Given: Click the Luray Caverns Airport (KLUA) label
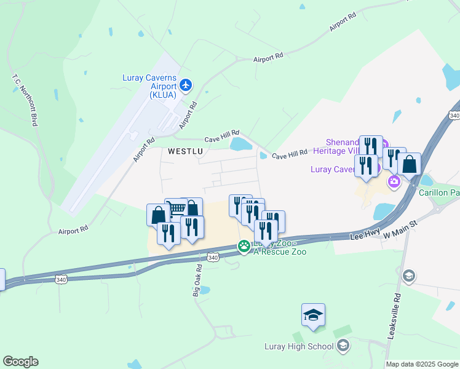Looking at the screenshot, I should [x=149, y=87].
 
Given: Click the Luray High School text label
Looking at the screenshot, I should [x=298, y=346].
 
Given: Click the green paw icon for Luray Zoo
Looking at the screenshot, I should [x=244, y=247].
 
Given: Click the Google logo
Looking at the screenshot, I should [x=20, y=362].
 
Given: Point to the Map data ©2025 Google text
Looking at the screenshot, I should [x=422, y=364].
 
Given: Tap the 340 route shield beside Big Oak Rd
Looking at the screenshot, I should [x=212, y=256].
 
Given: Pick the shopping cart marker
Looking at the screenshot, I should [x=176, y=209].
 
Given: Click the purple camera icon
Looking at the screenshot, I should [x=394, y=181].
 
